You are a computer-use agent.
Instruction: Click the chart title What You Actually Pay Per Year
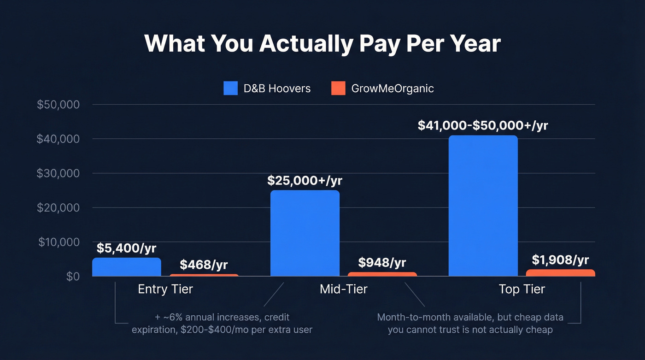point(322,44)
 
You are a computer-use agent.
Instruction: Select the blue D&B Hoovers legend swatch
point(230,88)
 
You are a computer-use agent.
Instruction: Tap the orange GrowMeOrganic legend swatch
point(338,88)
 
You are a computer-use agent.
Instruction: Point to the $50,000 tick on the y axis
point(58,105)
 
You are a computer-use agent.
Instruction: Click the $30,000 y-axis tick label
point(58,173)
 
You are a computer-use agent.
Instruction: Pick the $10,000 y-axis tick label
point(58,242)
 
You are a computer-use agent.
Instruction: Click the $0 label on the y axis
point(72,276)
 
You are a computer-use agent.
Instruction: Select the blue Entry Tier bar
point(127,267)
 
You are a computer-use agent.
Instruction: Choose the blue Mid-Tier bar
point(305,233)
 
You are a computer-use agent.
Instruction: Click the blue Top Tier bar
point(483,206)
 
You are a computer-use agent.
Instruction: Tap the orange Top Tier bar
point(560,273)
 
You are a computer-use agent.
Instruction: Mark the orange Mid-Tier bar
point(382,274)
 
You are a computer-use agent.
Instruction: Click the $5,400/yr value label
point(126,248)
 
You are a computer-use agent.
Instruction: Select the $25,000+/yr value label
point(305,180)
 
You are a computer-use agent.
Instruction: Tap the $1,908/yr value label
point(560,260)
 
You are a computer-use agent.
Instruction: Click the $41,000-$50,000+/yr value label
point(483,125)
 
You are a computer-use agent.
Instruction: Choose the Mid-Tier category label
point(344,289)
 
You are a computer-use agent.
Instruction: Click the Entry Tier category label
point(165,289)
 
